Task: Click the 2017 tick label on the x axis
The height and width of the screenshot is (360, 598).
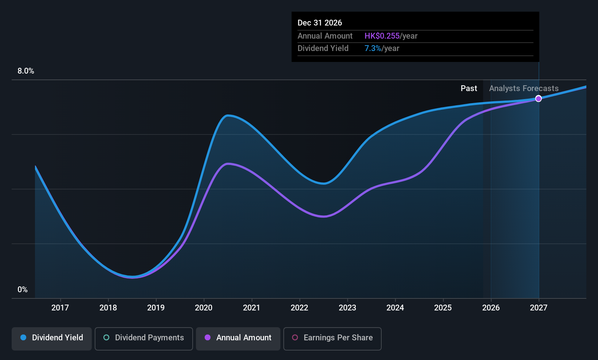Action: point(60,308)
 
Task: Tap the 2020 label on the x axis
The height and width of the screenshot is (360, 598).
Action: point(204,308)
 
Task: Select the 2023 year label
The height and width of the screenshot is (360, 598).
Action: point(347,308)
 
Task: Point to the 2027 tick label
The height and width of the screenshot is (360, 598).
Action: point(538,308)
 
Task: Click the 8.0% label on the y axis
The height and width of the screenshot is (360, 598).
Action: point(26,71)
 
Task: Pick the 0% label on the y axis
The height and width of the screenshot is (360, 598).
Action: point(23,290)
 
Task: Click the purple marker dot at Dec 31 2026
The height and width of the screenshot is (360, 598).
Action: point(538,99)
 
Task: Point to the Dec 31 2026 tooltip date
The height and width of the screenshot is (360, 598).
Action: point(320,23)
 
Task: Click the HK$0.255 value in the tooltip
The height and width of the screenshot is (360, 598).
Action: point(382,36)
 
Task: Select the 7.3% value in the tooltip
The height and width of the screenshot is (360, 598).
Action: point(373,48)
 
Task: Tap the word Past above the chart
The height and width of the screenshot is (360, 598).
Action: point(469,89)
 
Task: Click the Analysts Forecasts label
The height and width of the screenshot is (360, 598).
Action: point(523,89)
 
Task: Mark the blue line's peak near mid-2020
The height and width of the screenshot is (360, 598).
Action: point(228,116)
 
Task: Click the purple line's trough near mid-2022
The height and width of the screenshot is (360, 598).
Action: point(324,216)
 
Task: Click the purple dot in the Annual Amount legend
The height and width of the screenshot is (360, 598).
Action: point(208,337)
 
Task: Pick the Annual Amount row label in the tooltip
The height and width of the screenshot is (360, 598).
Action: point(325,36)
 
